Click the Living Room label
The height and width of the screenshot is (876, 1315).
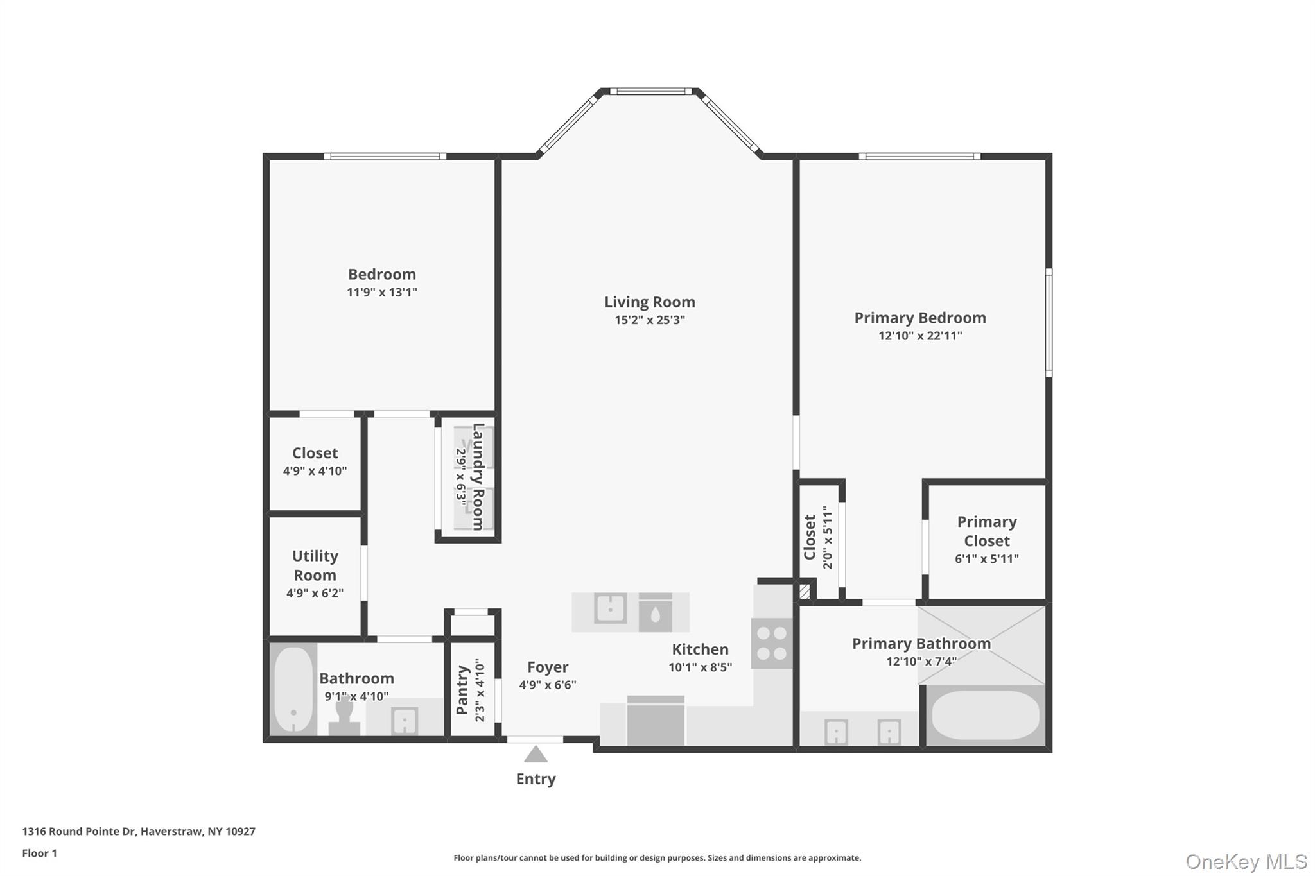point(649,302)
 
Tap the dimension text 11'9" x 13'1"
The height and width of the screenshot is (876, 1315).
point(382,293)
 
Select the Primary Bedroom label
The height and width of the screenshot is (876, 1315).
point(919,318)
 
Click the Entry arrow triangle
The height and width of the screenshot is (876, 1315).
point(536,754)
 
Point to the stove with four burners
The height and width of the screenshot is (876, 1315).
point(772,644)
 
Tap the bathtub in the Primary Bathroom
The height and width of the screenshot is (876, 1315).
point(985,715)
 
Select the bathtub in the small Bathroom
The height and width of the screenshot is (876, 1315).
point(293,689)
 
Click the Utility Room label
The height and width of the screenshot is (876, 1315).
point(315,565)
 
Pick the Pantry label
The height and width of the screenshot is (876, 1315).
point(462,690)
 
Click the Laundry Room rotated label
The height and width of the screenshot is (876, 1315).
point(478,477)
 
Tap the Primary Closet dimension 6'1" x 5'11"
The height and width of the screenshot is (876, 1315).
point(986,559)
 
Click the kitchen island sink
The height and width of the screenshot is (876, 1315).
point(610,608)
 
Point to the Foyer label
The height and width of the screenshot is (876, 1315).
point(548,667)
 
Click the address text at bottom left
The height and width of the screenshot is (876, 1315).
point(139,831)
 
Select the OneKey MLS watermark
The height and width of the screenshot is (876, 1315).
point(1246,861)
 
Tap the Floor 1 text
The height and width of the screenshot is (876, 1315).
point(40,853)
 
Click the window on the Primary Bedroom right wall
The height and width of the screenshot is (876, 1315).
point(1048,322)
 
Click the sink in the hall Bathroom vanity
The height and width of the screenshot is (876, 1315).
point(405,721)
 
